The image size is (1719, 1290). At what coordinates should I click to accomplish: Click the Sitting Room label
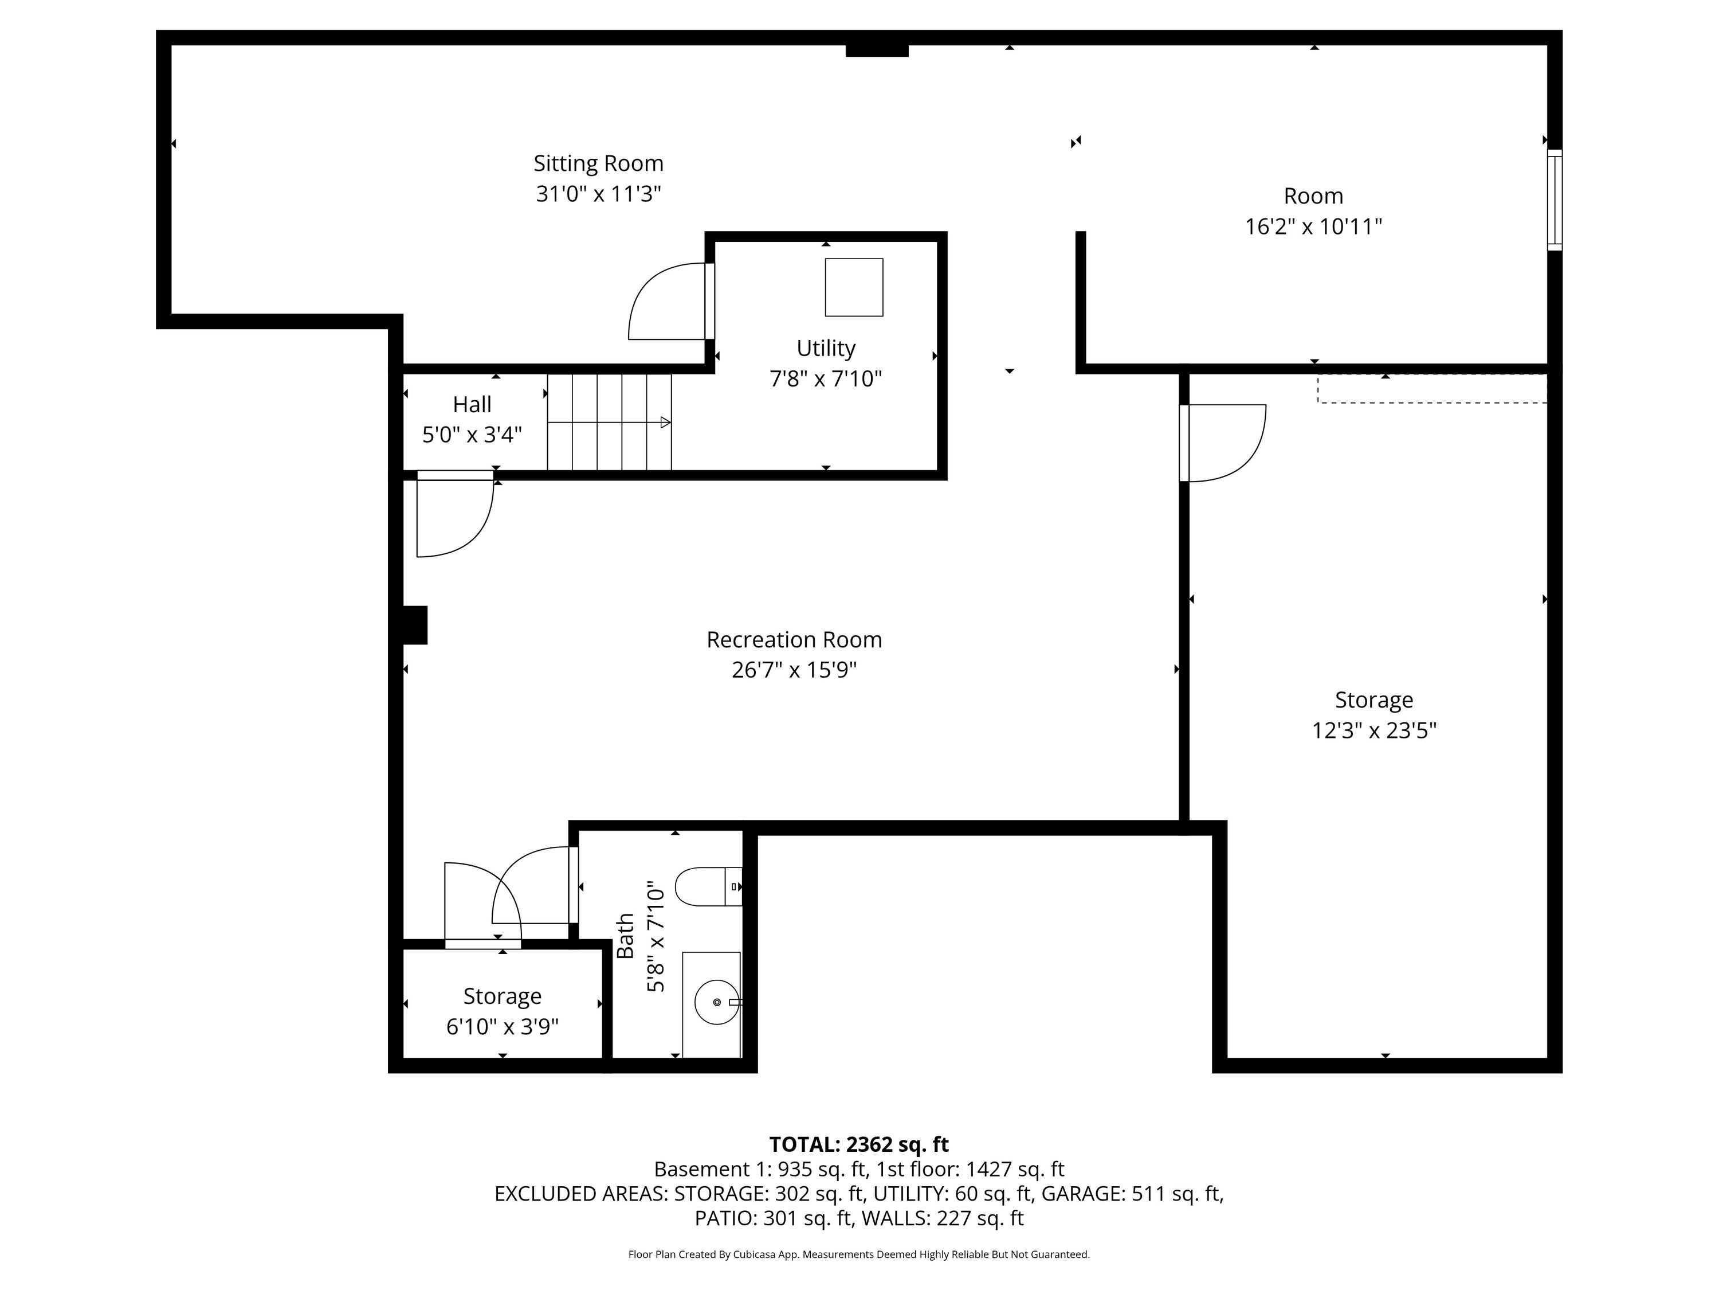pyautogui.click(x=598, y=163)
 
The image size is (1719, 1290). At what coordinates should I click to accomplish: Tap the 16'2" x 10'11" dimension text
pyautogui.click(x=1313, y=226)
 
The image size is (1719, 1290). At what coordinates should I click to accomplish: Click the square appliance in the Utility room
pyautogui.click(x=854, y=287)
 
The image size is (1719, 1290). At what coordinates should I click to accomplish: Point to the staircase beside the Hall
pyautogui.click(x=609, y=422)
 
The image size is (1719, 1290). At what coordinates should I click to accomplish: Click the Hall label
pyautogui.click(x=472, y=404)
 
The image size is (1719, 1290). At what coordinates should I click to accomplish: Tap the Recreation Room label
pyautogui.click(x=794, y=640)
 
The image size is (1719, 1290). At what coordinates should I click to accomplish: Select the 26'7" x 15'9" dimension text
pyautogui.click(x=794, y=670)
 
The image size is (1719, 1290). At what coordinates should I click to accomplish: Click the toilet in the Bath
pyautogui.click(x=709, y=886)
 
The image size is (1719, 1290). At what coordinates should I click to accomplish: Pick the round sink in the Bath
pyautogui.click(x=716, y=1002)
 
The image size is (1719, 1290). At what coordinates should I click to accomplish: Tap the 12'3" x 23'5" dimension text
pyautogui.click(x=1374, y=731)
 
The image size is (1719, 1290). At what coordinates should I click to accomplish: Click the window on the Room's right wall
pyautogui.click(x=1554, y=200)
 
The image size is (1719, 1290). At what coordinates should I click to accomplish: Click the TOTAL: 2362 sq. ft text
pyautogui.click(x=859, y=1144)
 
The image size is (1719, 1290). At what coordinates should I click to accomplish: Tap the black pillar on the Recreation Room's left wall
pyautogui.click(x=415, y=625)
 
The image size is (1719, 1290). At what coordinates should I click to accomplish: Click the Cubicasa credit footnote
pyautogui.click(x=859, y=1254)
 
